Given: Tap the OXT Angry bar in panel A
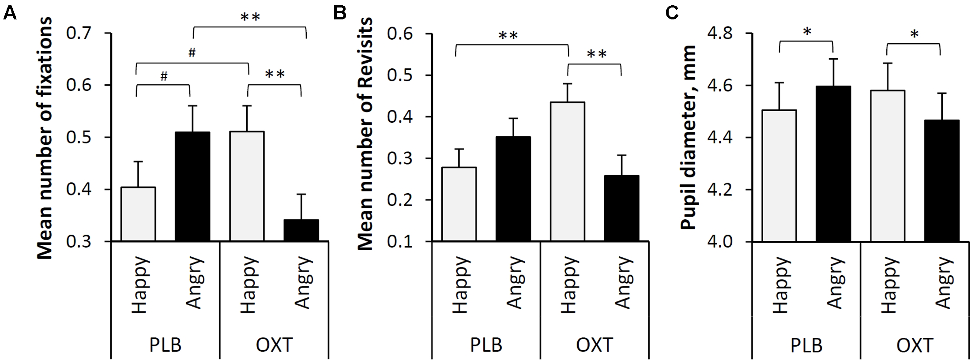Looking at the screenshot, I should coord(301,230).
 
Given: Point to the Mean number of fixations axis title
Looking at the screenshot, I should coord(44,138).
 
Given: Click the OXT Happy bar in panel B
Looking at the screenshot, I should coord(568,172).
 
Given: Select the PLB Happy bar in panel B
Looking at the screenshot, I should coord(459,204).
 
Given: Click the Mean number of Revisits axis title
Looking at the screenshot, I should coord(365,134).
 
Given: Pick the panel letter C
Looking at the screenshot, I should coord(672,13).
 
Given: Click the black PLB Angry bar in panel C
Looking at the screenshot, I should coord(833,164).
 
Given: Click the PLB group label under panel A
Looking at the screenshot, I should coord(165,345).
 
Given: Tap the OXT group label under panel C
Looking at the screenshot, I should coord(915,345).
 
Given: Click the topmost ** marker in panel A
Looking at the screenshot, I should coord(250,18).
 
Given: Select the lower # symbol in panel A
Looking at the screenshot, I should coord(164,77).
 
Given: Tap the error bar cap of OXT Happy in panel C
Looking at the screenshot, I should coord(888,63).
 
